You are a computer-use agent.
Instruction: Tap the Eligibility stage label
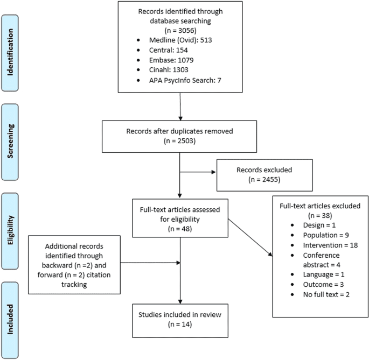[x=18, y=225]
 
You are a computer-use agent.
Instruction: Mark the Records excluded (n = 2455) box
[x=264, y=175]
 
